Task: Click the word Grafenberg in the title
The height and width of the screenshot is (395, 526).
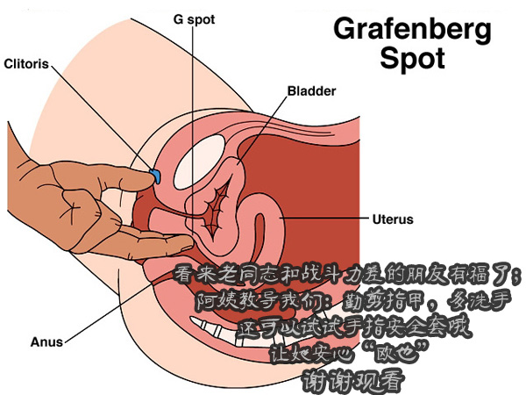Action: coord(413,30)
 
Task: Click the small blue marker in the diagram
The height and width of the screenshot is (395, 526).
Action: coord(153,176)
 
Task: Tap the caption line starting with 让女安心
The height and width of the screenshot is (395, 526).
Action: coord(349,355)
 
